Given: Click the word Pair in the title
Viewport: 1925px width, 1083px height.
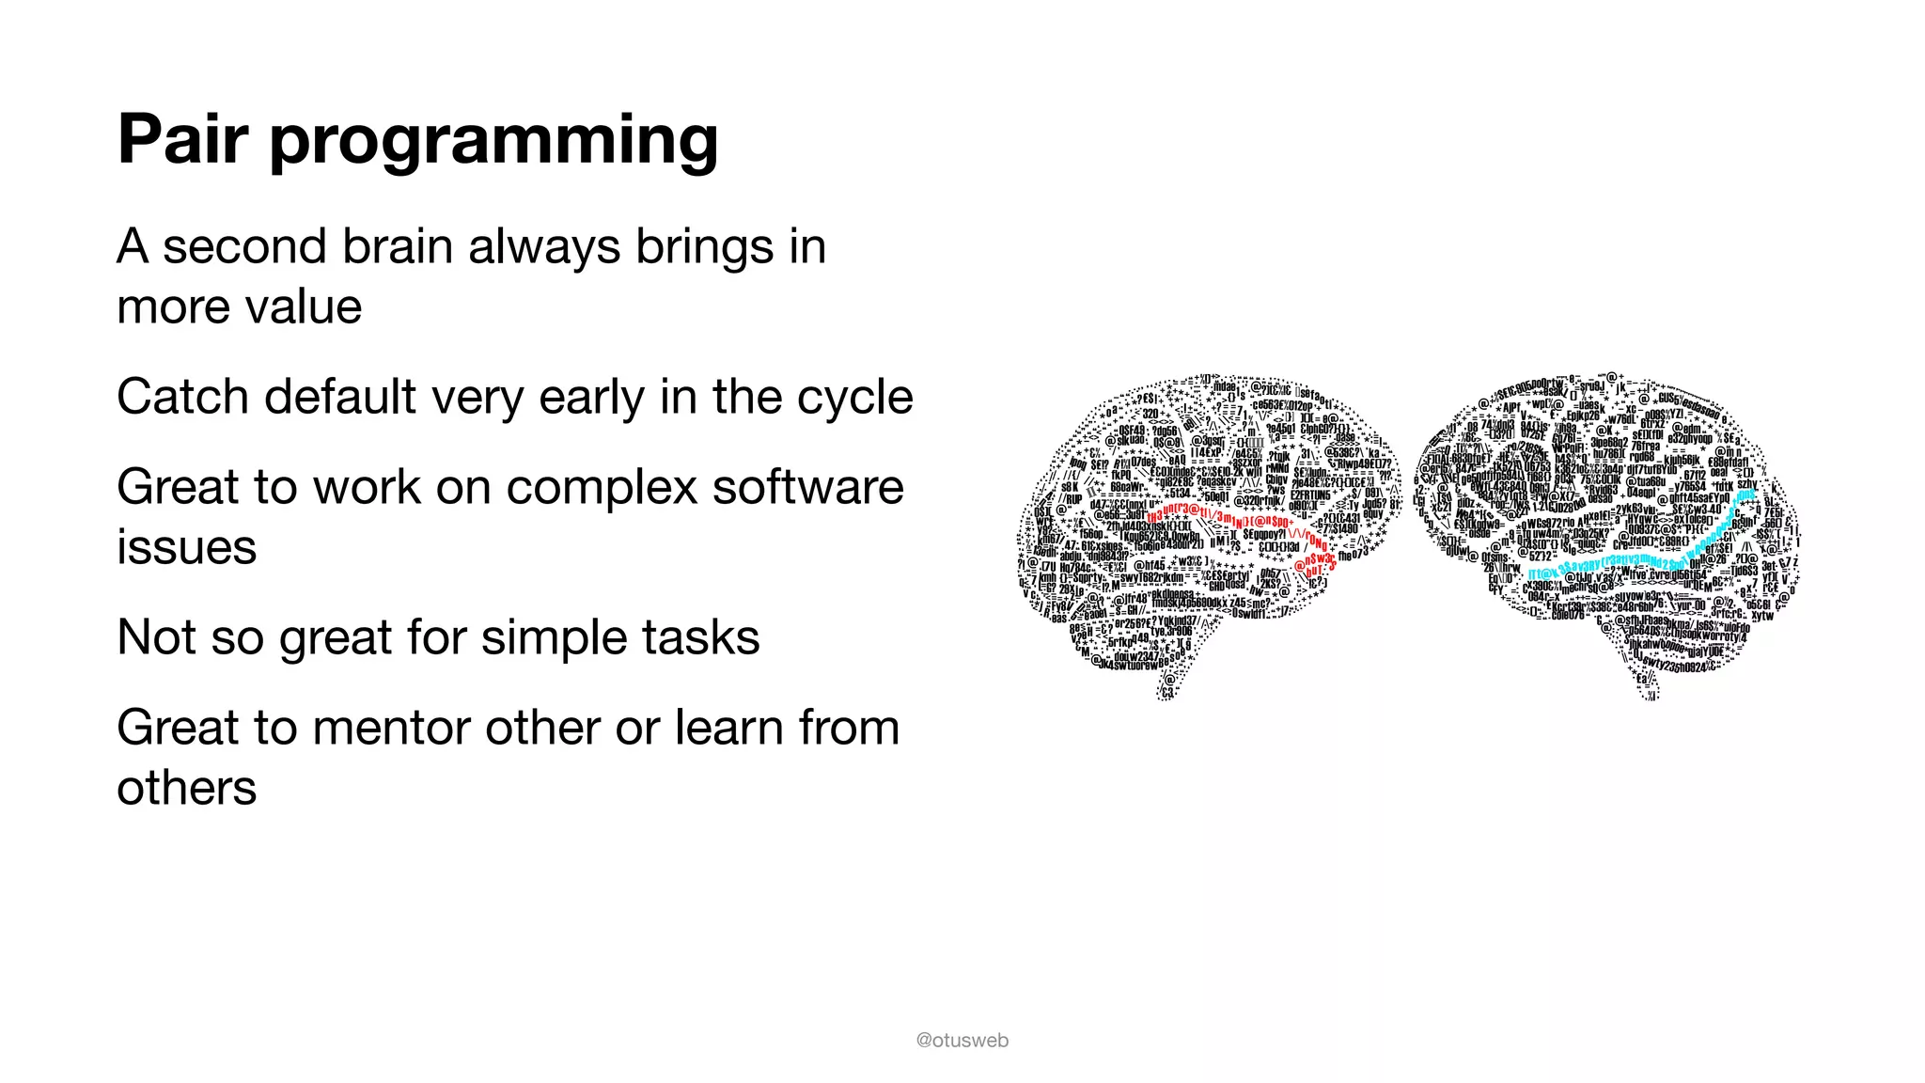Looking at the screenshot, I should tap(182, 139).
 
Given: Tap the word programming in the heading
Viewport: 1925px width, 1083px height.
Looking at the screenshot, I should tap(494, 141).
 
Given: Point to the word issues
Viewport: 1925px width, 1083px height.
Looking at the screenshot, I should tap(186, 547).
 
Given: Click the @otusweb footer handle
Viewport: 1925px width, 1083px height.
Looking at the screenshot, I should tap(962, 1040).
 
